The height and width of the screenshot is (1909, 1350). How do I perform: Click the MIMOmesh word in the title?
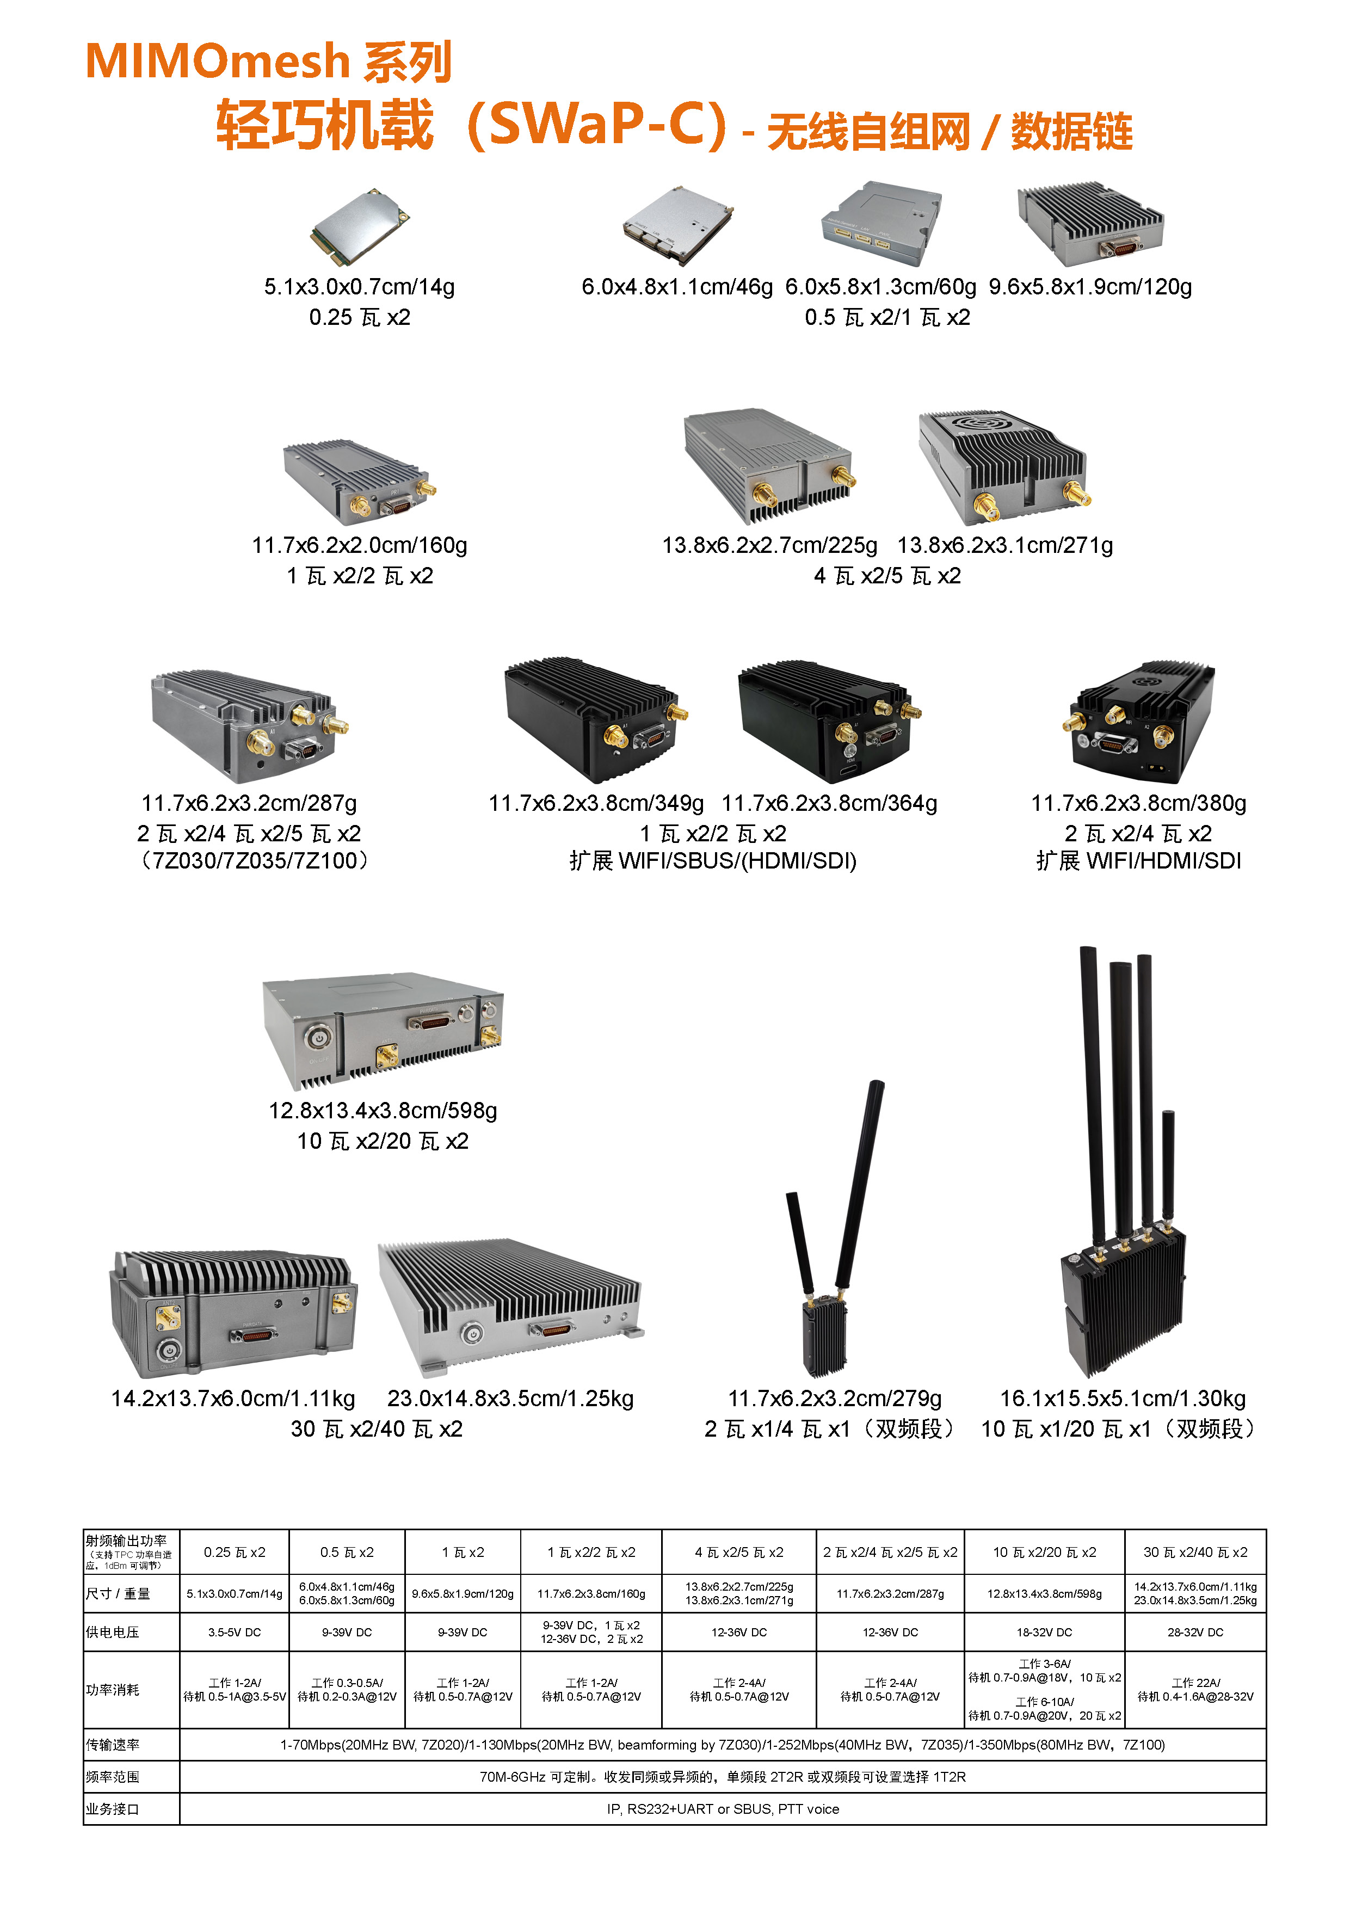click(217, 61)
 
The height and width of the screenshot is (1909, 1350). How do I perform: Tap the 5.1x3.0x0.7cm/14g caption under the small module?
click(359, 287)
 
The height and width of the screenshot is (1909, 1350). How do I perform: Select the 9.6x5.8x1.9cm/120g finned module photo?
click(1090, 223)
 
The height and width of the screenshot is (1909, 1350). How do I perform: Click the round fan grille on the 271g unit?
click(989, 422)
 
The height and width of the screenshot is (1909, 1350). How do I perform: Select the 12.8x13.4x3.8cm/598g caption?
click(383, 1111)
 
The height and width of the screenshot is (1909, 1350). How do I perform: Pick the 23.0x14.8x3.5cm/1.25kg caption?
click(510, 1399)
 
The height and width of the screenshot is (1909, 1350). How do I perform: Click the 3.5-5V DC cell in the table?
click(235, 1632)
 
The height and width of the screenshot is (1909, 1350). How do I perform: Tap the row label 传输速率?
click(113, 1744)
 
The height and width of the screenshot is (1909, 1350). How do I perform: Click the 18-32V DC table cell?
click(1044, 1632)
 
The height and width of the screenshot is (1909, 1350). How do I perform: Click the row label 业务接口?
click(113, 1809)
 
